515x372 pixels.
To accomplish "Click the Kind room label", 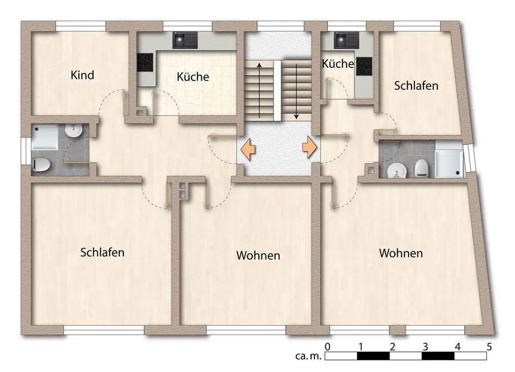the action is pos(83,75).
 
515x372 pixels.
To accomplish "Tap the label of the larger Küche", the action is pos(193,77).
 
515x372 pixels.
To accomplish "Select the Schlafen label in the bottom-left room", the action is pos(102,252).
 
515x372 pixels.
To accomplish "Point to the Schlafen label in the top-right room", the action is pos(416,85).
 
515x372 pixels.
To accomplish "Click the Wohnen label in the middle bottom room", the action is pos(258,255).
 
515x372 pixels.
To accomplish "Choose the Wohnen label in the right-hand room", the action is pos(400,253).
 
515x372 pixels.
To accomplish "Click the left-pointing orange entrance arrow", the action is pos(248,149).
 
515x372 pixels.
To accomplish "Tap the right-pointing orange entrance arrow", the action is pos(310,147).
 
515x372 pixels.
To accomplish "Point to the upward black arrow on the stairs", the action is pos(259,90).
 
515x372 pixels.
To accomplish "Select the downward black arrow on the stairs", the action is pos(296,91).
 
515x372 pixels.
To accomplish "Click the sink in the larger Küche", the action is pos(185,40).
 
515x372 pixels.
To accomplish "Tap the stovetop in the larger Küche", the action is pos(145,62).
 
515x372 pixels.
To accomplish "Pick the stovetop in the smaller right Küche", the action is pos(364,66).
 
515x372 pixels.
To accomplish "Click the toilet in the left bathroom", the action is pos(41,164).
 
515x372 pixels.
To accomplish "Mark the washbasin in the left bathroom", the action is pos(73,131).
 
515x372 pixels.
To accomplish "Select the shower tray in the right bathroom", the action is pos(449,159).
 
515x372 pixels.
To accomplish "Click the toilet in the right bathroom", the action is pos(421,168).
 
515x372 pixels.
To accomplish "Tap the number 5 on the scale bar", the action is pos(489,346).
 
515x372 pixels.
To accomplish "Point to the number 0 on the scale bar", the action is pos(327,346).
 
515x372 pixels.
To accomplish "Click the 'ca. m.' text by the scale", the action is pos(308,356).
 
